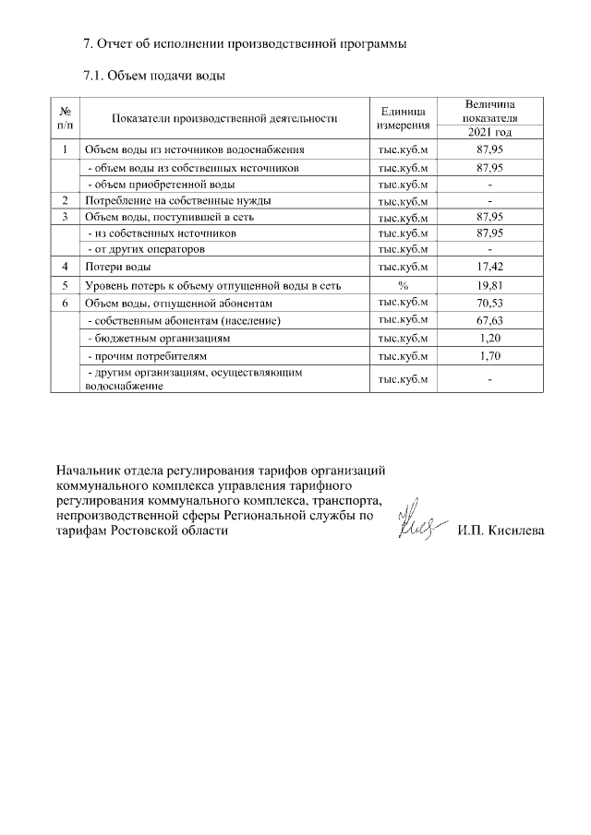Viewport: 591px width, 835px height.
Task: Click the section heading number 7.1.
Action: [x=96, y=74]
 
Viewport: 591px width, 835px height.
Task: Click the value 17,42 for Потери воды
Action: [x=489, y=267]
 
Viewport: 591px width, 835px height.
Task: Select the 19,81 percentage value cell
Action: [x=489, y=285]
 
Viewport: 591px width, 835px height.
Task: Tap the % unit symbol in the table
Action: [x=403, y=285]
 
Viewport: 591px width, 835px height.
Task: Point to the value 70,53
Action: [x=489, y=303]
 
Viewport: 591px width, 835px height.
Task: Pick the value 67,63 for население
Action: [x=489, y=320]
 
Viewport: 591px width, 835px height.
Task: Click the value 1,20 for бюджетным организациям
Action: [x=489, y=338]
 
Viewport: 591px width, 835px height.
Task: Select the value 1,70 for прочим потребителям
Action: [x=489, y=355]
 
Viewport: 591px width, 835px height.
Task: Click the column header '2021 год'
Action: [x=489, y=132]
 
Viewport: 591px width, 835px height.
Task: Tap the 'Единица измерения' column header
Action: [x=403, y=117]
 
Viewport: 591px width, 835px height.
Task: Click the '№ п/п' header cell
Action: [x=65, y=117]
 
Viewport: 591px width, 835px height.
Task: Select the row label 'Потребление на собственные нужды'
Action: [x=172, y=200]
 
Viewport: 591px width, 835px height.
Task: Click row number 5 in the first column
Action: [x=66, y=285]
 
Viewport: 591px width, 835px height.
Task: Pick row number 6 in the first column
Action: [x=66, y=303]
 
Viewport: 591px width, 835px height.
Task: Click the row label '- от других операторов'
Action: [x=145, y=249]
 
